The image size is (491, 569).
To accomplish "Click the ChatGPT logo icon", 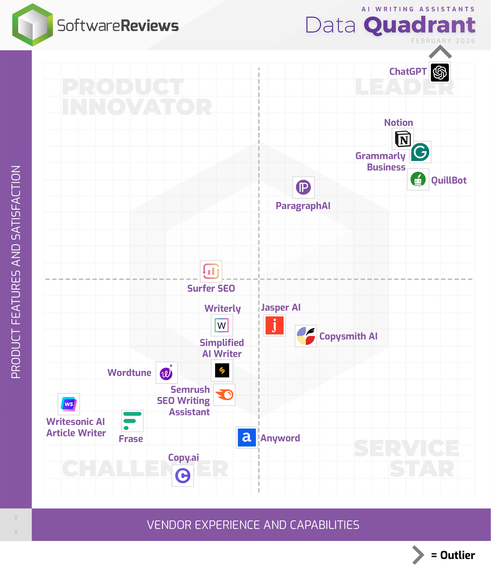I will (x=440, y=73).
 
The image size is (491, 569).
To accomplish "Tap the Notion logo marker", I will (x=403, y=139).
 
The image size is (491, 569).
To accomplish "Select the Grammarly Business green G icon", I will (x=420, y=152).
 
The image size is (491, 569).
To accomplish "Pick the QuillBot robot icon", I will (x=418, y=179).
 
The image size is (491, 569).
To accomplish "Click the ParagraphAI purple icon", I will (x=303, y=187).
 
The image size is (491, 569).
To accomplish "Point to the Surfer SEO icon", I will (x=211, y=271).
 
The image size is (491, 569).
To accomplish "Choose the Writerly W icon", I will (x=222, y=325).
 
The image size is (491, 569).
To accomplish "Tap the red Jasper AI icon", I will (x=274, y=325).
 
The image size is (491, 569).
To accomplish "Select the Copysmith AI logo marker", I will (x=306, y=336).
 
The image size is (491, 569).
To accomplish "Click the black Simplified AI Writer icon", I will (x=222, y=370).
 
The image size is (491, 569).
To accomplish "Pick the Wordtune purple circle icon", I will (x=166, y=373).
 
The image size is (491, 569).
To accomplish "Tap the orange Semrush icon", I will (x=224, y=395).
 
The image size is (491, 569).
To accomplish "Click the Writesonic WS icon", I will (x=69, y=404).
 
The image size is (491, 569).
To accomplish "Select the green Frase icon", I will (x=132, y=421).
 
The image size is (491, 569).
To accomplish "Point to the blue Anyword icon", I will (x=246, y=437).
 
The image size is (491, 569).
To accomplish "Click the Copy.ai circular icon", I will (x=183, y=475).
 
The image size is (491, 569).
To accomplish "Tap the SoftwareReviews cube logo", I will (x=32, y=25).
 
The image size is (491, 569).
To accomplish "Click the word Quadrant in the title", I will (x=419, y=25).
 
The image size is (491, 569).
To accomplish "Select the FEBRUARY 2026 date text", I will (x=443, y=41).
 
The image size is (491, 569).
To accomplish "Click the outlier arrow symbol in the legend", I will (x=418, y=555).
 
